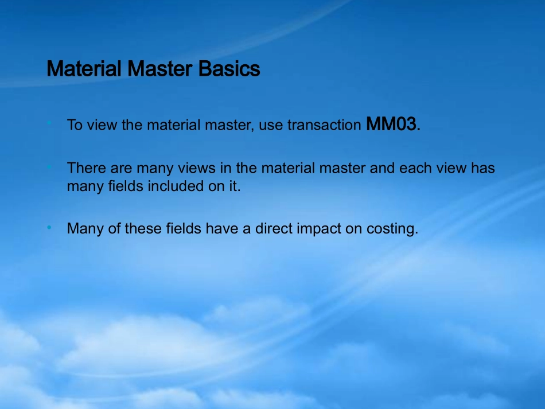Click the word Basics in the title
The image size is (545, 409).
coord(229,68)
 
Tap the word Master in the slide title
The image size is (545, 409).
coord(159,68)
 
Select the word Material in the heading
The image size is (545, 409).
coord(84,68)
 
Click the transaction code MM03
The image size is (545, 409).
coord(391,124)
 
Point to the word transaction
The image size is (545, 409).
coord(324,125)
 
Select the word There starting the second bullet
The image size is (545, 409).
coord(87,168)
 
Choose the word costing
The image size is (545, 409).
coord(392,229)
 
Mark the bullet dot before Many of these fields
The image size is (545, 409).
coord(49,228)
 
